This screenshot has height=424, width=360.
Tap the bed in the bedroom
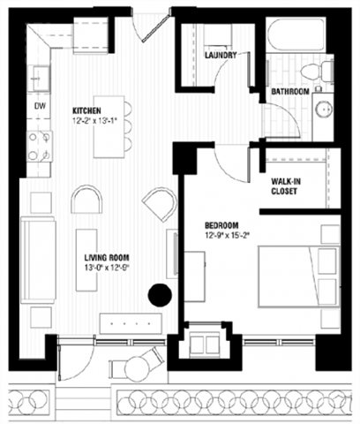pyautogui.click(x=300, y=273)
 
